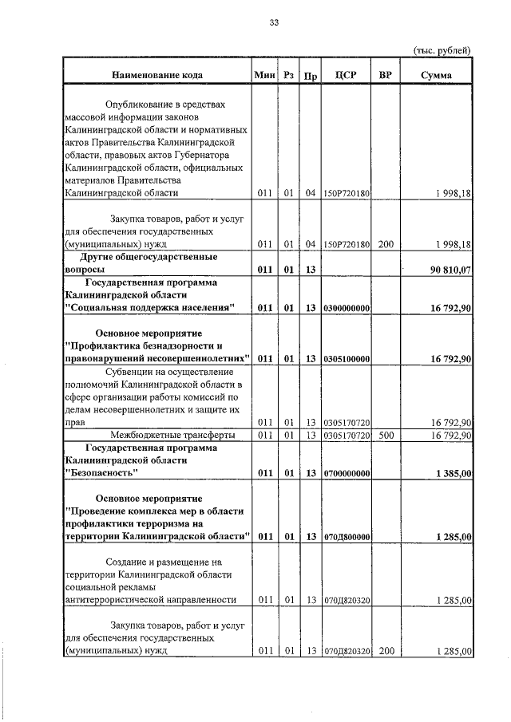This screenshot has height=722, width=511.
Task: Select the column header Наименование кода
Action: [x=156, y=75]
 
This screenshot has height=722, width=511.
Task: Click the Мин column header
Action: [x=264, y=75]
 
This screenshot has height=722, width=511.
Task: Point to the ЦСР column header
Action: [x=346, y=75]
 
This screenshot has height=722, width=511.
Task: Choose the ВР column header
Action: [x=386, y=75]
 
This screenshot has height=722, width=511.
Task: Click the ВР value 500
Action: [x=386, y=435]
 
